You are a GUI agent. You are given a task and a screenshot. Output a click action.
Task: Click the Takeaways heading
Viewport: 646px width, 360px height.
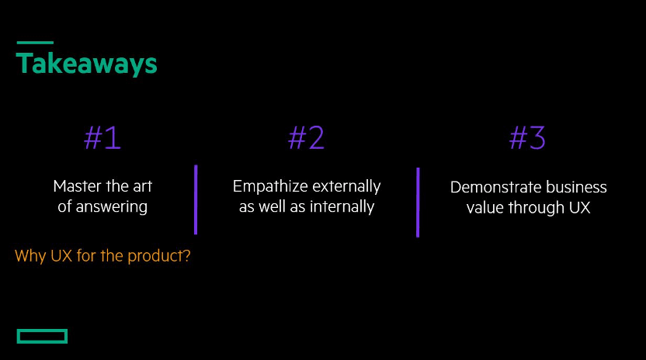(86, 64)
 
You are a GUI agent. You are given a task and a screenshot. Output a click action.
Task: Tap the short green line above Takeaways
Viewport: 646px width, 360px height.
(35, 43)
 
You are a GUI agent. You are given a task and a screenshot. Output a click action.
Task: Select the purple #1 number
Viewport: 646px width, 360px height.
(102, 137)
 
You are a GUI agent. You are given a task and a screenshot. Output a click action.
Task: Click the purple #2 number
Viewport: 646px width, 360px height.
(306, 137)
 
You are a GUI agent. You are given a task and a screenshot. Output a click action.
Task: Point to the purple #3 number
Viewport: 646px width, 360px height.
(527, 137)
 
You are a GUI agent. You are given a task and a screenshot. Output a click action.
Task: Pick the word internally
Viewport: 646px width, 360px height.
(342, 206)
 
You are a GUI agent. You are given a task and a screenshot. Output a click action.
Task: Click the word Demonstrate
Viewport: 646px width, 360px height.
(490, 188)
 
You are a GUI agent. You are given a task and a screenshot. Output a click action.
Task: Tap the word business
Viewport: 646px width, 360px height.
(571, 188)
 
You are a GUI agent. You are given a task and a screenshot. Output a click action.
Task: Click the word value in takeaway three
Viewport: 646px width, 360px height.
(485, 208)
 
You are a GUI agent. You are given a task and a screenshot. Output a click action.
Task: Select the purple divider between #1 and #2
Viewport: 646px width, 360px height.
(196, 199)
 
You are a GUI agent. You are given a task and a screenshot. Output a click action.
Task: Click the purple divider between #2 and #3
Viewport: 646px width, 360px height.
(418, 202)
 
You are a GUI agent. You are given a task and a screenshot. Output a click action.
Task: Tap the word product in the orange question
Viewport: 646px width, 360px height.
(159, 256)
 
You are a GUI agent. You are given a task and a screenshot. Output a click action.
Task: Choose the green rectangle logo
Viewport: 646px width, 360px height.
(42, 336)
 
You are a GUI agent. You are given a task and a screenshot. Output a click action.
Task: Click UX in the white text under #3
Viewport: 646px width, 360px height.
(580, 208)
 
